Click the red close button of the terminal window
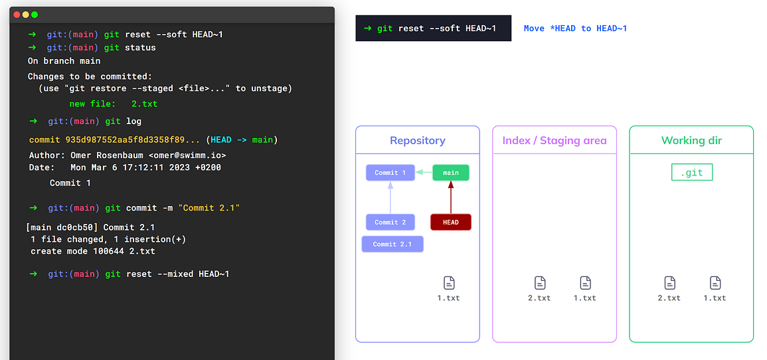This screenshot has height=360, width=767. click(17, 15)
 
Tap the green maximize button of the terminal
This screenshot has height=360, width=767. click(35, 15)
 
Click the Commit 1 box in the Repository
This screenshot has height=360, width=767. click(390, 173)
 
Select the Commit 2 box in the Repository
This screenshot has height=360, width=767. click(390, 222)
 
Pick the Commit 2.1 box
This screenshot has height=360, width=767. click(392, 244)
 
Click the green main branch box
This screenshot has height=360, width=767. click(451, 173)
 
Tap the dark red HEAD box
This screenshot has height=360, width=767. click(451, 222)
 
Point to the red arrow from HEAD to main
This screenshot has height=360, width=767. click(451, 197)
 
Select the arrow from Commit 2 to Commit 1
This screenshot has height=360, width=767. click(390, 197)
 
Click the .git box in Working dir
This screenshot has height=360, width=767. click(691, 173)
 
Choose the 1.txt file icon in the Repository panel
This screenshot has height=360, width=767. click(448, 283)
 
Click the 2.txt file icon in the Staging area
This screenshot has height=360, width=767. click(539, 283)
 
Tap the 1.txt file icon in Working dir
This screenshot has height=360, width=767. click(715, 283)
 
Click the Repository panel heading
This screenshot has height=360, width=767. click(417, 140)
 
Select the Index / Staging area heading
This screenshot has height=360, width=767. click(554, 140)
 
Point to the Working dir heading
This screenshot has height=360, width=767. click(691, 140)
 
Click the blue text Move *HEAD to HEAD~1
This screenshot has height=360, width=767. click(575, 29)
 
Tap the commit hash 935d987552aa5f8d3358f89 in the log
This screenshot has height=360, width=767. click(133, 140)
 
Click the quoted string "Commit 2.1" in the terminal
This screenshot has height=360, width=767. click(209, 208)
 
